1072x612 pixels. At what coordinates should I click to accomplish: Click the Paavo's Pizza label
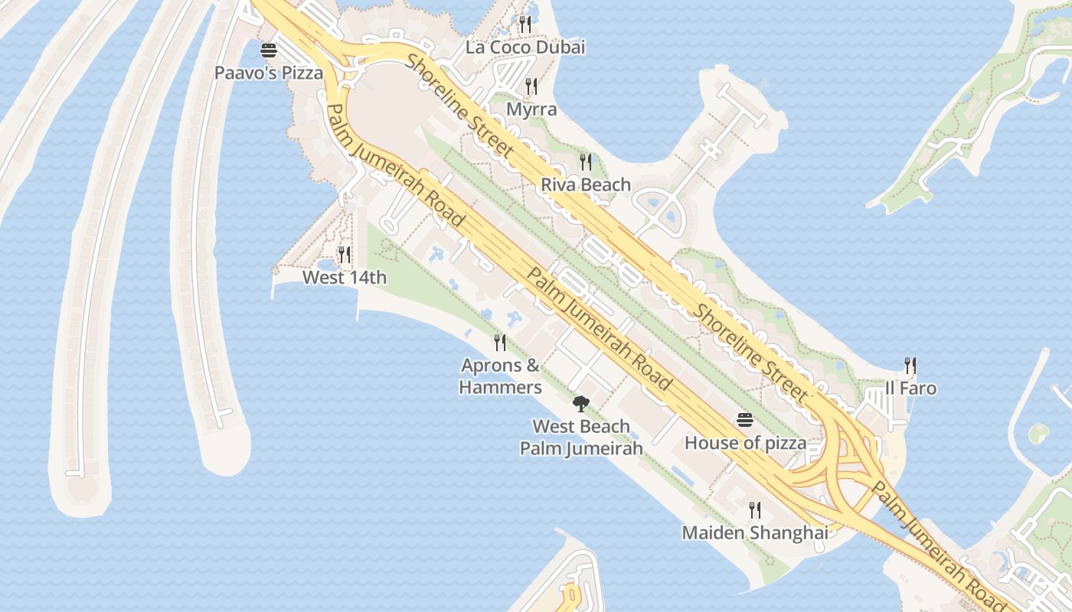click(x=268, y=73)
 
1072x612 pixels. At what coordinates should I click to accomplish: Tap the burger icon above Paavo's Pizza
click(x=268, y=51)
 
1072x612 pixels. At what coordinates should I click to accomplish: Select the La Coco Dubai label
click(x=525, y=47)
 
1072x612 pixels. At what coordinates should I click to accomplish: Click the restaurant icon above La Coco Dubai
click(x=525, y=24)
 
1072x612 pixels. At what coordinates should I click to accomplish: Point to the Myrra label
click(x=531, y=109)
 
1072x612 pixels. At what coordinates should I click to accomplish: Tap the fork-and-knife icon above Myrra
click(x=531, y=86)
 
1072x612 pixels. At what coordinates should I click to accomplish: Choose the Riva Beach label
click(x=586, y=184)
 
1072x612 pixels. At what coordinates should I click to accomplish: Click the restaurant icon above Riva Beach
click(x=586, y=161)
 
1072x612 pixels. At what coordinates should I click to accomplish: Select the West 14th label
click(x=345, y=277)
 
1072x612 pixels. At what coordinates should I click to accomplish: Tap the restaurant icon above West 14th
click(x=345, y=254)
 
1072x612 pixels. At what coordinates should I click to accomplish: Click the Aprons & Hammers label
click(x=501, y=376)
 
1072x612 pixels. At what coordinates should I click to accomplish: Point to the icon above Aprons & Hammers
click(x=500, y=342)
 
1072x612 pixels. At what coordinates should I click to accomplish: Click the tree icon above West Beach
click(x=581, y=403)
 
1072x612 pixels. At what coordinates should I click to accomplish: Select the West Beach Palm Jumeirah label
click(x=581, y=438)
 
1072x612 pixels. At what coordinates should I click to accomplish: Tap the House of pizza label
click(x=745, y=443)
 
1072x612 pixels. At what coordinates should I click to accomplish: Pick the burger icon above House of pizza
click(x=745, y=420)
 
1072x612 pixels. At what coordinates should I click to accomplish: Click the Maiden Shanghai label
click(x=755, y=532)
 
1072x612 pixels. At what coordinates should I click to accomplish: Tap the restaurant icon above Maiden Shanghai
click(x=755, y=509)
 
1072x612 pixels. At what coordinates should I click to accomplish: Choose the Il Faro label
click(x=910, y=388)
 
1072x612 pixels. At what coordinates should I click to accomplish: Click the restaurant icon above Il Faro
click(x=910, y=365)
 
